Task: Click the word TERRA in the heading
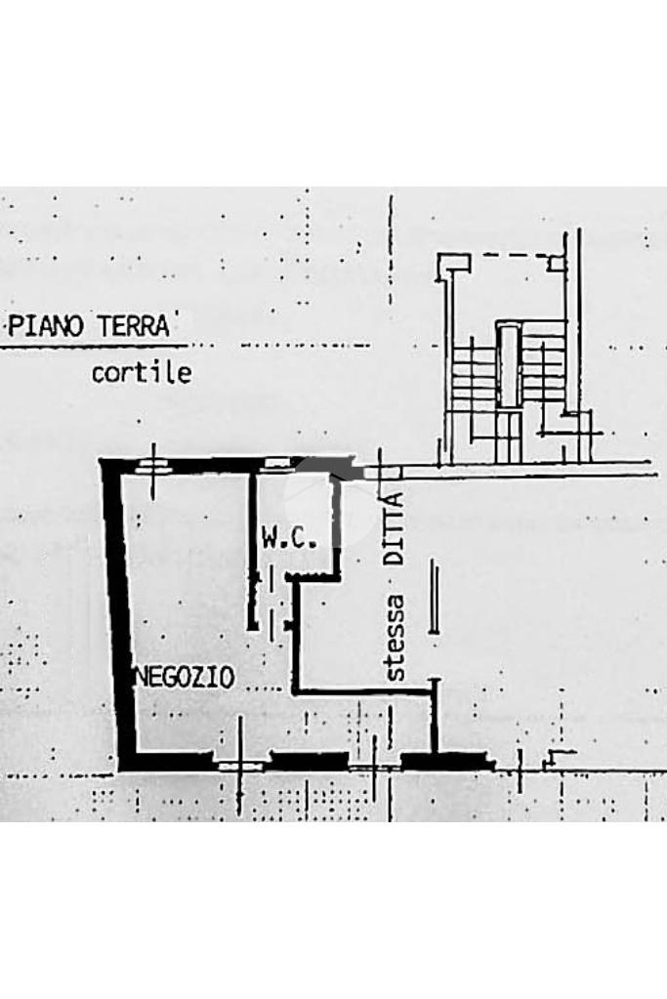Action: click(133, 326)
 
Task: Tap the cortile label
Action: click(142, 373)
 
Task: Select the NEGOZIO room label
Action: click(184, 676)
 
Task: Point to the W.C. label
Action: click(288, 537)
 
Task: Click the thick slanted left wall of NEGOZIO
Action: click(120, 615)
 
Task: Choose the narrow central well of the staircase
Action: click(509, 366)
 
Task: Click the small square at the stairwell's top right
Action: click(556, 262)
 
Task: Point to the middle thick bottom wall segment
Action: click(309, 759)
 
